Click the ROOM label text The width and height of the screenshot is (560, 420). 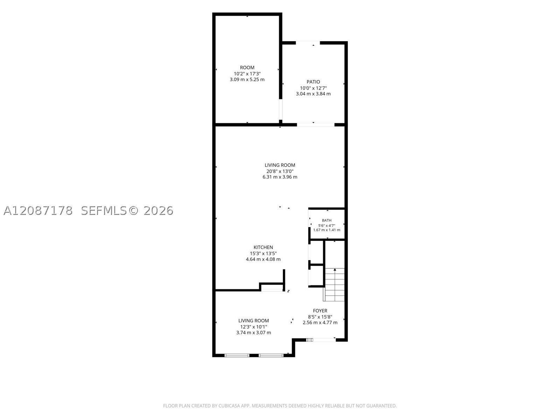coord(247,68)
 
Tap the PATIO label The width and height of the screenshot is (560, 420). coord(313,82)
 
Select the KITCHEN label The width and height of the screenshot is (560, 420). coord(263,247)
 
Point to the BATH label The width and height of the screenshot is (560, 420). coord(327,220)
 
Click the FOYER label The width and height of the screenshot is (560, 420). coord(320,311)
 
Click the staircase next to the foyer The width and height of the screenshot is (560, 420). coord(334,285)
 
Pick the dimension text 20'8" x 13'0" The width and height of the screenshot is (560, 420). coord(280,171)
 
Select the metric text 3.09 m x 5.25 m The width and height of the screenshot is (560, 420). coord(247,79)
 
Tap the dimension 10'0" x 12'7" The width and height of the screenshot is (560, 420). coord(313,88)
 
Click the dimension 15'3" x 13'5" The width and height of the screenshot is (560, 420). coord(263,253)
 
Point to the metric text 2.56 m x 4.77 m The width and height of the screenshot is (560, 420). coord(320,323)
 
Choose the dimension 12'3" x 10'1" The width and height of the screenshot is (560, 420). coord(253,327)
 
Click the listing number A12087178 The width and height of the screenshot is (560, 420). coord(38,211)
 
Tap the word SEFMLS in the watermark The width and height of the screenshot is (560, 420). coord(104,211)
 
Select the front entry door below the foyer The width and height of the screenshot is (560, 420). coord(321,339)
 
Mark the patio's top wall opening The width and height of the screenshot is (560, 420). coord(308,43)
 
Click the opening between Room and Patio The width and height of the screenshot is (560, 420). coord(280,110)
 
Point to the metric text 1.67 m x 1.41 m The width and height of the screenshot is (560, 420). coord(327,230)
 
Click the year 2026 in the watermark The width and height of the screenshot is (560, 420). coord(158,211)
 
